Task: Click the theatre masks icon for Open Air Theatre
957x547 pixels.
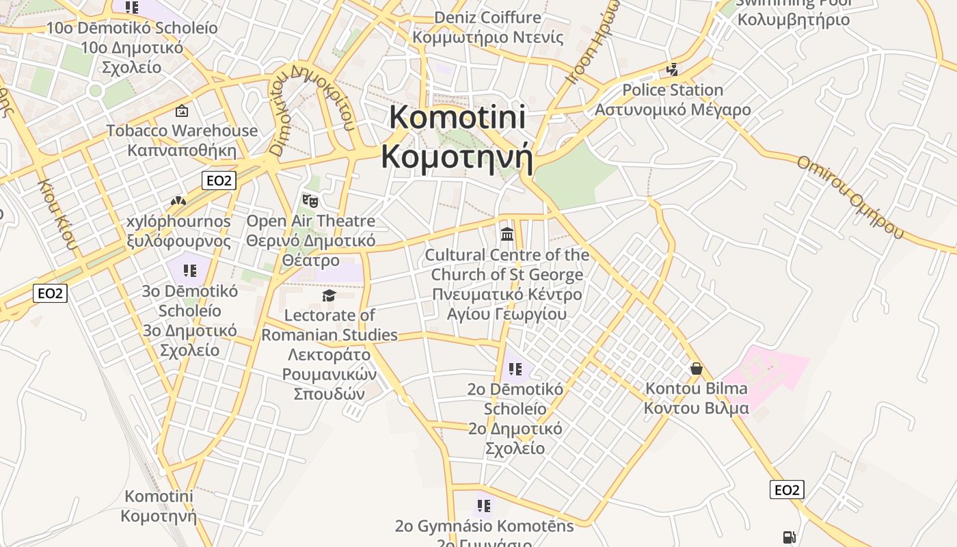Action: [x=310, y=200]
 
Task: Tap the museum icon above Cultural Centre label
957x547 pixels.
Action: [x=507, y=234]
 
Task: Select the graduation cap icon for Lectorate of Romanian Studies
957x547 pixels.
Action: [x=329, y=295]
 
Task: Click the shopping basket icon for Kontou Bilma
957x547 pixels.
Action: [x=697, y=369]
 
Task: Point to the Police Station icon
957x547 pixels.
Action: [x=673, y=70]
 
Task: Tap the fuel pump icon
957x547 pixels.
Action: [x=789, y=537]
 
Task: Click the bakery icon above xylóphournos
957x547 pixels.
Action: [x=178, y=202]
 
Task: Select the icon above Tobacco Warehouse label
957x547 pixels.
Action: [x=182, y=110]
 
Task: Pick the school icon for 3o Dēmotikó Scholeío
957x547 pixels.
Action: [x=190, y=271]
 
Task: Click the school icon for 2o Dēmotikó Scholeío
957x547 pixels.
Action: [x=515, y=369]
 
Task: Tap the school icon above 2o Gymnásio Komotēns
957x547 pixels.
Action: [x=484, y=506]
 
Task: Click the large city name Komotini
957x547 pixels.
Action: [x=457, y=117]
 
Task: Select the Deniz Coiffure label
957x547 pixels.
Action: [x=487, y=18]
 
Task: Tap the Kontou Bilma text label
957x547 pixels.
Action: [x=697, y=388]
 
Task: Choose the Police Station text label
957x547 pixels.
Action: [x=673, y=90]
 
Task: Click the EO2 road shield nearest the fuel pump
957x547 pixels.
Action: [x=787, y=490]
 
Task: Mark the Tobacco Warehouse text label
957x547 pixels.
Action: [x=182, y=131]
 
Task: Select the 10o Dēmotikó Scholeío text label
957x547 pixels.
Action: [x=132, y=28]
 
